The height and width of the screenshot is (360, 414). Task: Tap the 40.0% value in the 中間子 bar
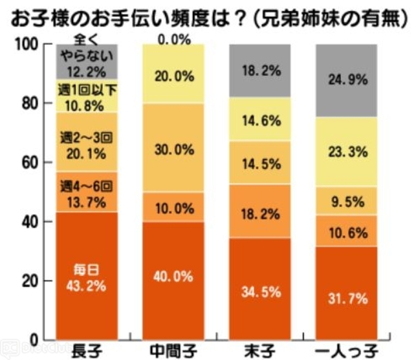(x=174, y=276)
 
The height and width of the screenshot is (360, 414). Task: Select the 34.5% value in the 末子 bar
(x=261, y=291)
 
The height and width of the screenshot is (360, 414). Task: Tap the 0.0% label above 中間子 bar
(x=174, y=39)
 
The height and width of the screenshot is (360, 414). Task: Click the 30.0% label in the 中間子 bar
(x=174, y=149)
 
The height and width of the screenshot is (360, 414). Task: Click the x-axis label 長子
(x=87, y=351)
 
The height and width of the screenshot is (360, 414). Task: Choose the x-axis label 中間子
(x=174, y=351)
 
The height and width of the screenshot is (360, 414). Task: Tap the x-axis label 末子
(x=261, y=351)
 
